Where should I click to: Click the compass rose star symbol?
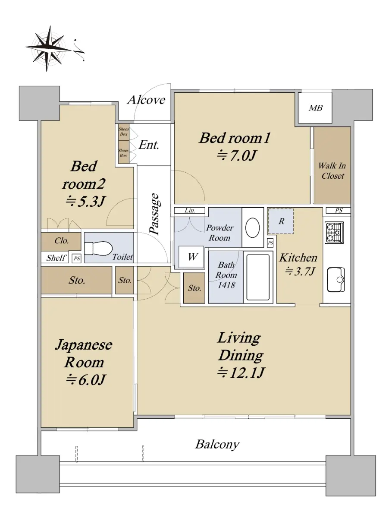(49, 48)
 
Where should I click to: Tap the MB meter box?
(315, 108)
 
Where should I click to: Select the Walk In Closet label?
(332, 171)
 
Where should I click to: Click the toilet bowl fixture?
(98, 248)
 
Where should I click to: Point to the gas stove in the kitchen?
(334, 232)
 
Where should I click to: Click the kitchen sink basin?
(336, 280)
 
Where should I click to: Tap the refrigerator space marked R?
(281, 221)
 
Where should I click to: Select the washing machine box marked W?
(191, 257)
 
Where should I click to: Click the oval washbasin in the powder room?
(252, 227)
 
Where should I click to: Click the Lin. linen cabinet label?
(190, 210)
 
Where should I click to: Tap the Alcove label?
(146, 100)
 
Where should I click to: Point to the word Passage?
(155, 214)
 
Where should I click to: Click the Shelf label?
(56, 258)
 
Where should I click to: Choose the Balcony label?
(217, 445)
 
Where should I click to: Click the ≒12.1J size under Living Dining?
(241, 373)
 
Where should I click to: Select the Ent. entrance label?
(149, 145)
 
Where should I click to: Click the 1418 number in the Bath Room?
(226, 285)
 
